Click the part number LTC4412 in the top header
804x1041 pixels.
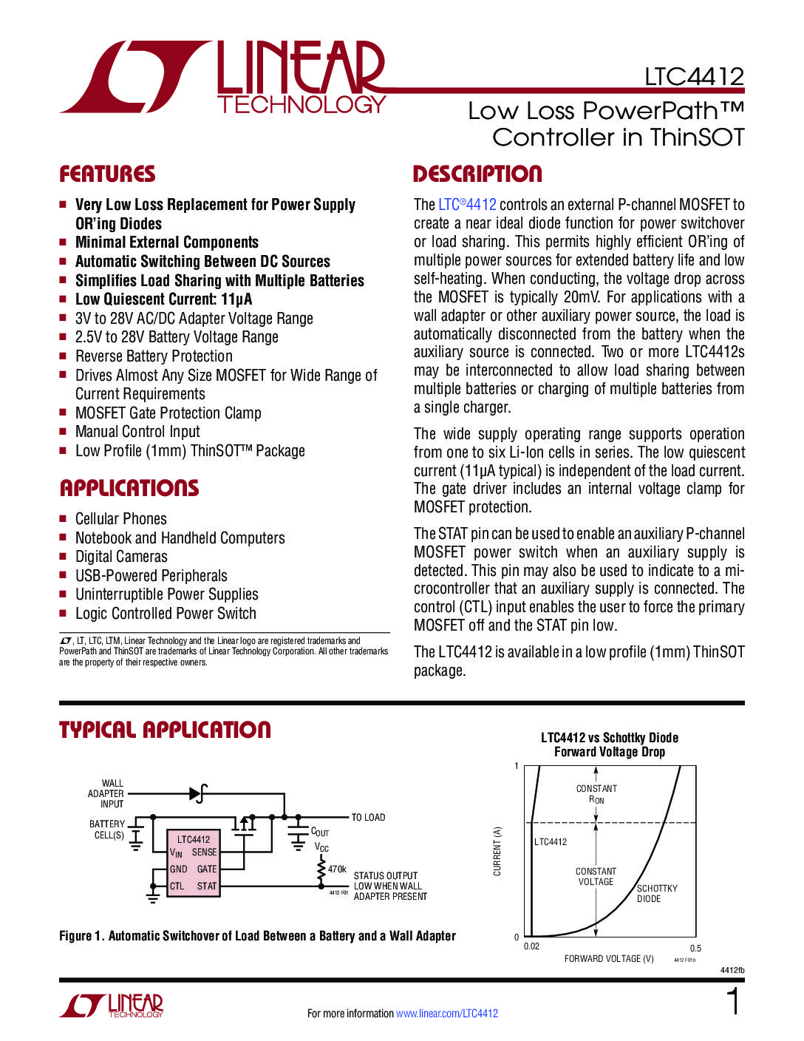click(694, 77)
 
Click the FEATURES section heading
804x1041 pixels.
click(107, 174)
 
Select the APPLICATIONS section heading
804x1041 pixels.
click(129, 488)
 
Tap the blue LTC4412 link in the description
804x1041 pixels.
click(467, 205)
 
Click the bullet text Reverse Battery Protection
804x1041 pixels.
click(154, 356)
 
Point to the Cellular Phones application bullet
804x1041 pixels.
click(121, 519)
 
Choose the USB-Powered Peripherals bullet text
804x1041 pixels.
click(151, 576)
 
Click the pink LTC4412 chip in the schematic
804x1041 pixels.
click(194, 864)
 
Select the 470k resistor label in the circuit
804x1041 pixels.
click(337, 869)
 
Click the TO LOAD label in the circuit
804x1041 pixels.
click(368, 817)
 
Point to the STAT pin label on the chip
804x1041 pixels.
click(207, 886)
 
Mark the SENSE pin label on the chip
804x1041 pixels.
click(205, 852)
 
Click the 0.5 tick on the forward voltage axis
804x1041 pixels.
click(695, 948)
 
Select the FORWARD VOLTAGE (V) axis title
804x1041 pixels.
click(609, 959)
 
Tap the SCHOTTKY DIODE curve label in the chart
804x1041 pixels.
click(657, 893)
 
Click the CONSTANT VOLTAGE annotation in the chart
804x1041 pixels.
click(596, 876)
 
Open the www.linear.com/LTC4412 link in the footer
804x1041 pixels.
click(447, 1014)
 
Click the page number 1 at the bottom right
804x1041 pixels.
click(733, 1003)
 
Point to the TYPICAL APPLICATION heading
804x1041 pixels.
click(165, 730)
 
